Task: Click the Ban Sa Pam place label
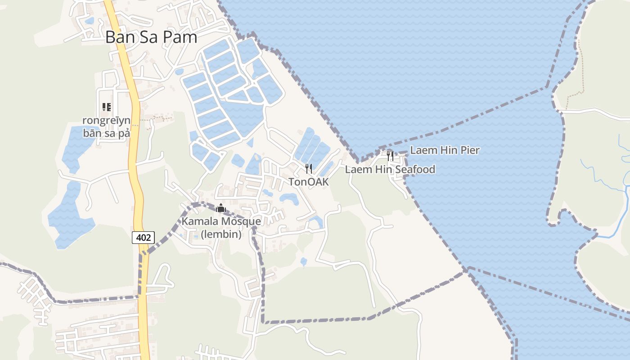151,37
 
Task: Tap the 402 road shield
143,238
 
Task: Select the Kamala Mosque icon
221,208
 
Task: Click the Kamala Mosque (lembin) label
221,228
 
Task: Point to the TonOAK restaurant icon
309,169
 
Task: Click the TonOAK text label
309,182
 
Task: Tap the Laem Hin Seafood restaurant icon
390,156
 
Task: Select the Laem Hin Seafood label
390,169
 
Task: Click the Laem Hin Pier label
445,150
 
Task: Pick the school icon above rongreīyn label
107,107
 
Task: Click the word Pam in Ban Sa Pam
180,37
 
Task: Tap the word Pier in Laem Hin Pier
470,150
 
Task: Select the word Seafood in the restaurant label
415,169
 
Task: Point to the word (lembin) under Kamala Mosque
221,234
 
